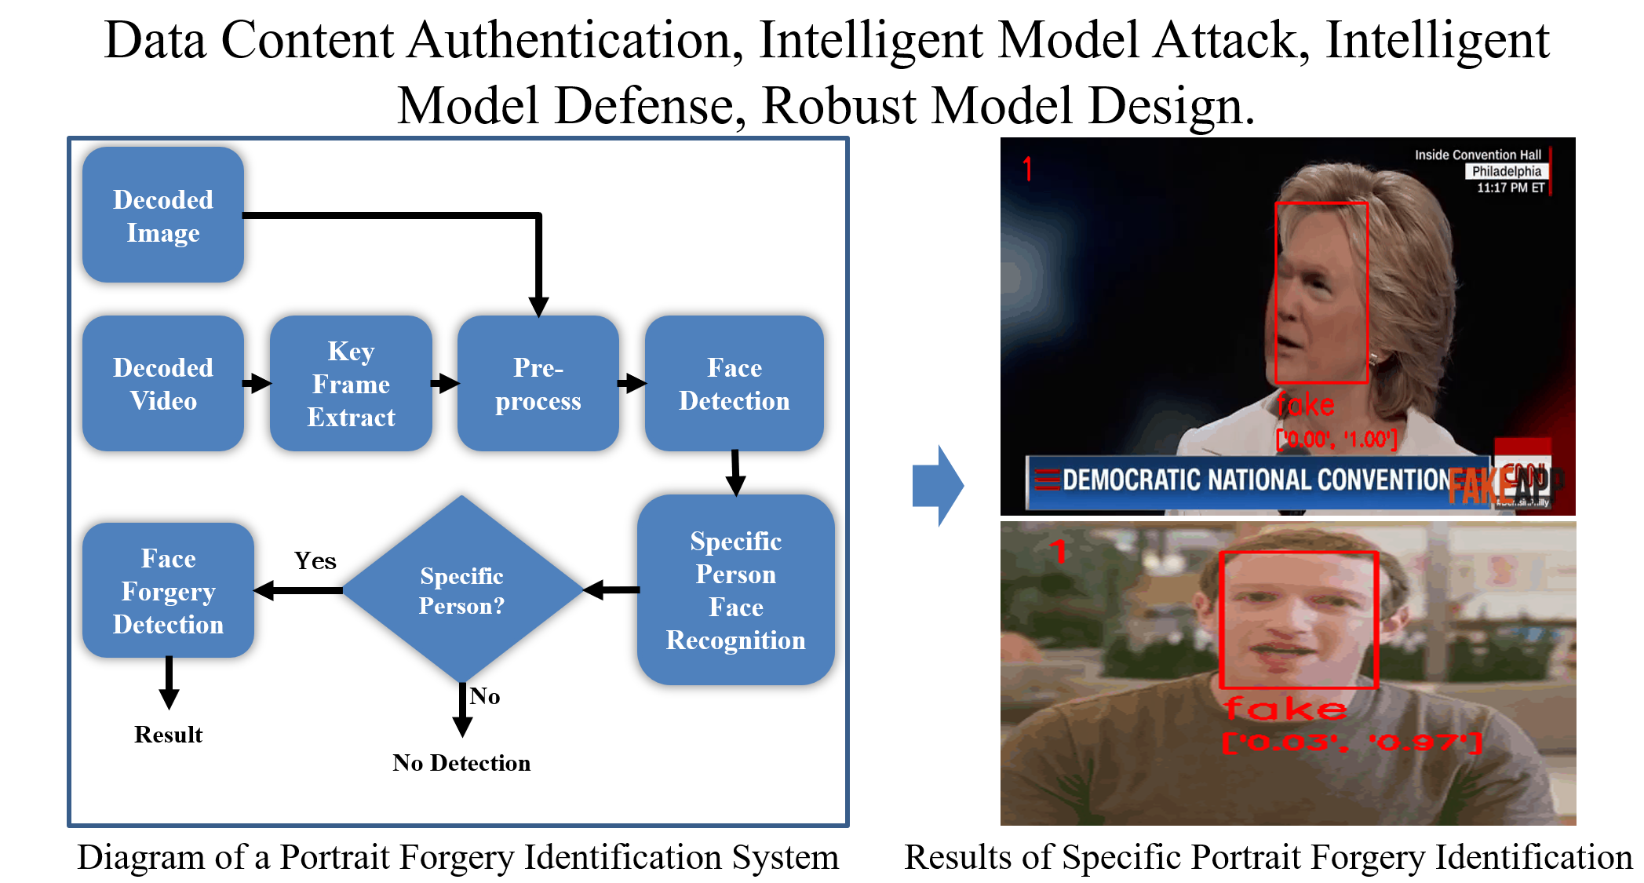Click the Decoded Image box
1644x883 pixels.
[x=163, y=215]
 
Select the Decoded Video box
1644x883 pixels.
[x=163, y=384]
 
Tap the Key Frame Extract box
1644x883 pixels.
[x=351, y=384]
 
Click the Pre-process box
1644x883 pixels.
[x=538, y=384]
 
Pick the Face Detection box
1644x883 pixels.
[x=734, y=384]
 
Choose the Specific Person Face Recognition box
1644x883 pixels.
[x=735, y=590]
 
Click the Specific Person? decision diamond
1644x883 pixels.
[x=461, y=590]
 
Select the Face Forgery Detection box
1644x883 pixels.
[x=168, y=591]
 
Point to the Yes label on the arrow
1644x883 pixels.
[x=315, y=561]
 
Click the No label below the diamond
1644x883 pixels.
[x=485, y=696]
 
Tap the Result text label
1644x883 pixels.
[x=168, y=735]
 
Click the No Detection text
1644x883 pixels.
[x=461, y=763]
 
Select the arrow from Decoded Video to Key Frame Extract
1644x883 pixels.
[x=257, y=384]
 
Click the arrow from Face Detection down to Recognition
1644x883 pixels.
[x=735, y=473]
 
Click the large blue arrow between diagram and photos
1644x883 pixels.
[x=939, y=485]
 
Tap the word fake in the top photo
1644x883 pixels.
[x=1305, y=405]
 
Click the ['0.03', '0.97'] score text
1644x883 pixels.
[x=1351, y=742]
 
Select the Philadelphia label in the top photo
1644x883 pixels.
[x=1506, y=171]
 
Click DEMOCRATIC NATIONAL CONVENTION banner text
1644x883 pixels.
[x=1256, y=480]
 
